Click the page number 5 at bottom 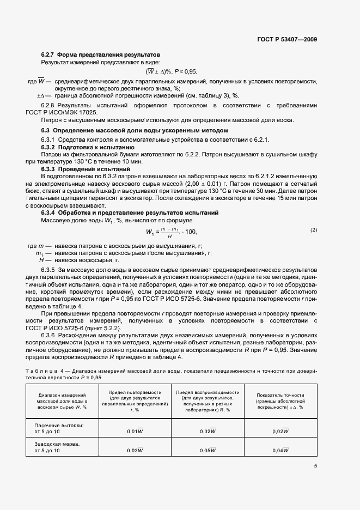[x=315, y=466]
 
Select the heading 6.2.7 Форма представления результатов [x=101, y=56]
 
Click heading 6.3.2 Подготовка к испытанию [x=88, y=148]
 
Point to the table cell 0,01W [x=135, y=432]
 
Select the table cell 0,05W [x=208, y=450]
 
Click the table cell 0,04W [x=280, y=450]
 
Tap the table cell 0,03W [x=135, y=450]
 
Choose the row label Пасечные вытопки [x=59, y=424]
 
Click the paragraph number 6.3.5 [x=48, y=270]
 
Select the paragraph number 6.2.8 [x=48, y=104]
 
